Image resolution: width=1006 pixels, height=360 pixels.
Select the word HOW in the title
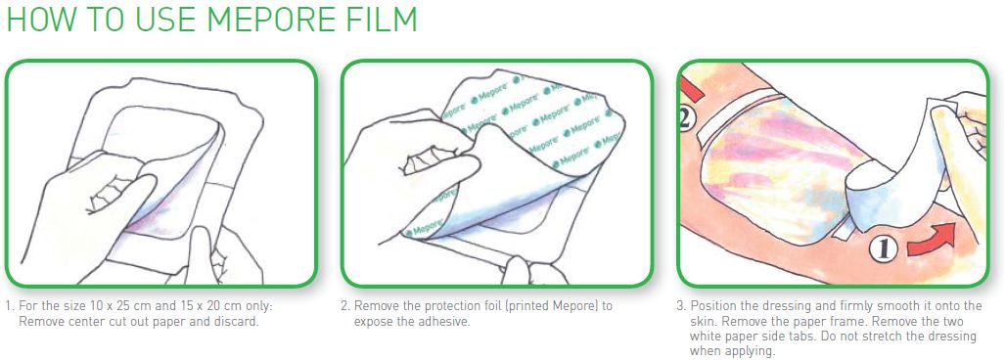pos(38,20)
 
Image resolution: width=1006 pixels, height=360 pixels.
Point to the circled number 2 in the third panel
pos(687,119)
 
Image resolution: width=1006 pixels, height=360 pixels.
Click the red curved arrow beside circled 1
pos(933,240)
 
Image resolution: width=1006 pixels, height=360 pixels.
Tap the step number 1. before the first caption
pos(10,306)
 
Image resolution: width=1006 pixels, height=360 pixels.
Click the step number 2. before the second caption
pos(345,306)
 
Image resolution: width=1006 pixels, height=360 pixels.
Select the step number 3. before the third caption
pos(681,306)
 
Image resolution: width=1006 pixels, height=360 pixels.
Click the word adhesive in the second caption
pos(444,322)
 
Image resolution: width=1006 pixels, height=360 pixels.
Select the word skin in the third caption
pos(702,322)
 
